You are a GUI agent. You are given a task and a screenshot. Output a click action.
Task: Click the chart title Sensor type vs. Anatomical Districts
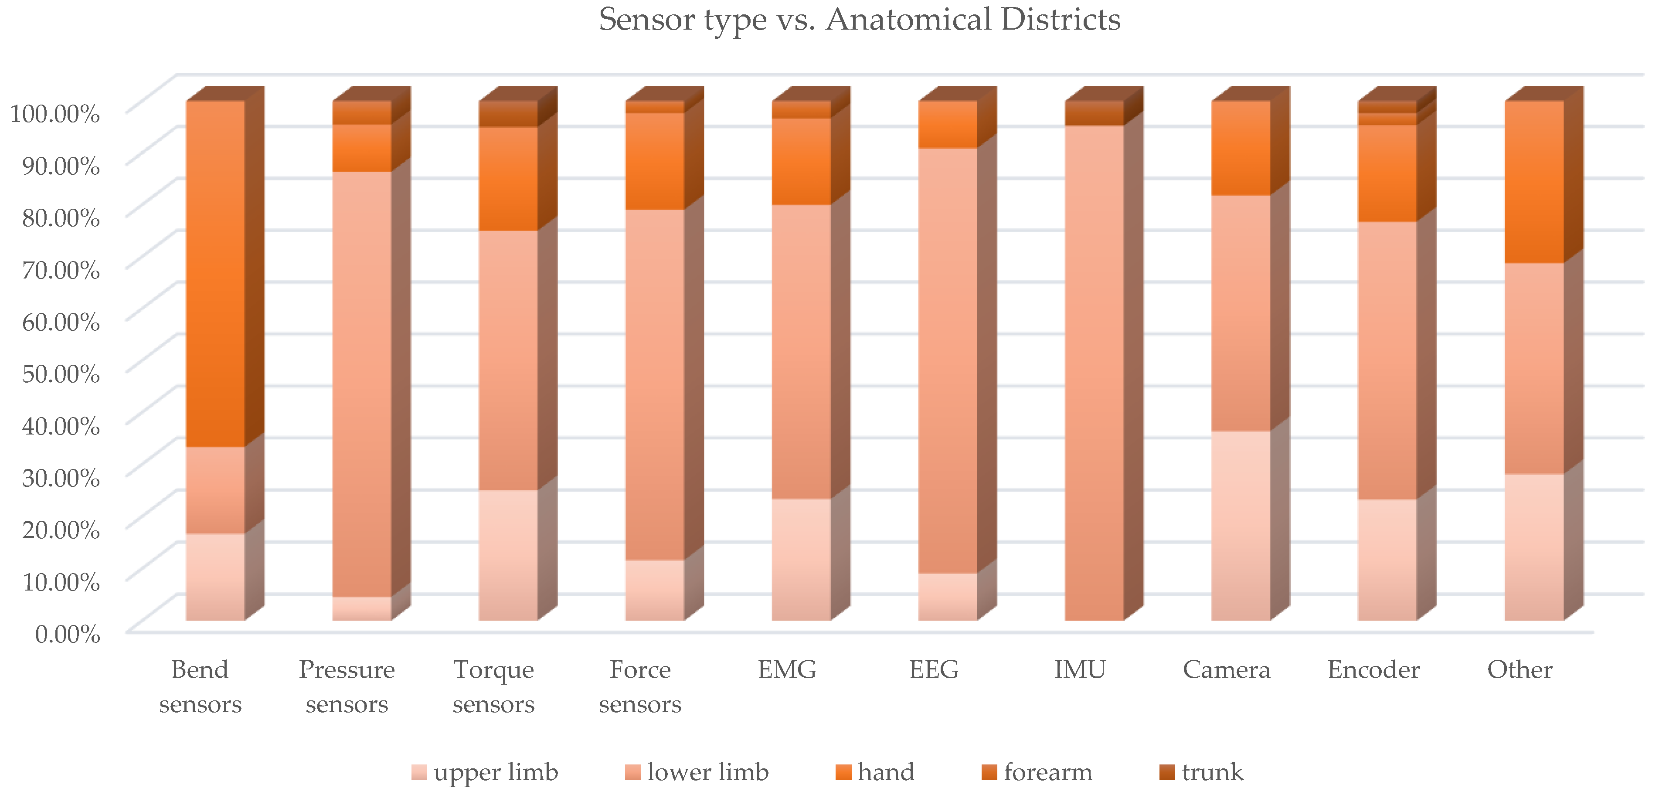(x=859, y=19)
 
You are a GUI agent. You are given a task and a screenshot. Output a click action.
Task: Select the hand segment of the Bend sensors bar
(x=215, y=274)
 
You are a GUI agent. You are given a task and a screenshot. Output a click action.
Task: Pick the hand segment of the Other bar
(x=1534, y=182)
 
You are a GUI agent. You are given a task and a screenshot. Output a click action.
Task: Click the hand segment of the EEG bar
(x=947, y=124)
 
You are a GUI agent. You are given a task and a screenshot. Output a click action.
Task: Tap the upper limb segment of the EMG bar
(x=801, y=559)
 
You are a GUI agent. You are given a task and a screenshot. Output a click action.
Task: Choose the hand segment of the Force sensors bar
(x=654, y=161)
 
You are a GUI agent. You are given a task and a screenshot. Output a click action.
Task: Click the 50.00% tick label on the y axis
(x=61, y=374)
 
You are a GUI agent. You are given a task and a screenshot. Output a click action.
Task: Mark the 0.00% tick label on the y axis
(x=67, y=634)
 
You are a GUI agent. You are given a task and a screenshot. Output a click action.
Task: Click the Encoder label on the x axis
(x=1373, y=670)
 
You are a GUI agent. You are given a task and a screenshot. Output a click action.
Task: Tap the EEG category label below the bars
(x=933, y=670)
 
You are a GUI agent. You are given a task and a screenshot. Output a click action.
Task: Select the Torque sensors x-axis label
(x=493, y=686)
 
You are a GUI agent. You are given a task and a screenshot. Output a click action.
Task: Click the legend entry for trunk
(x=1201, y=771)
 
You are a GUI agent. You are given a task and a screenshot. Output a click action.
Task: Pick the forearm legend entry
(x=1037, y=771)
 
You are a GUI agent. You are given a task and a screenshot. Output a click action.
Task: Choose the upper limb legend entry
(x=484, y=771)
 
